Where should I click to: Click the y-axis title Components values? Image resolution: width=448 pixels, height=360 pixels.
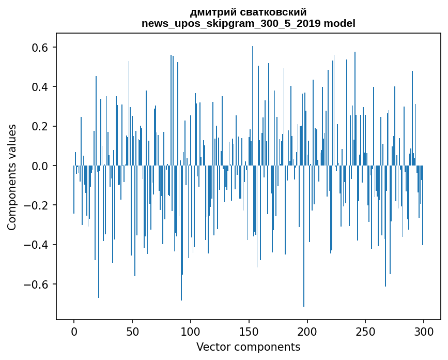tap(12, 177)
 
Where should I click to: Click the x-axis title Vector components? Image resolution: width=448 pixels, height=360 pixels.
tap(248, 347)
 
